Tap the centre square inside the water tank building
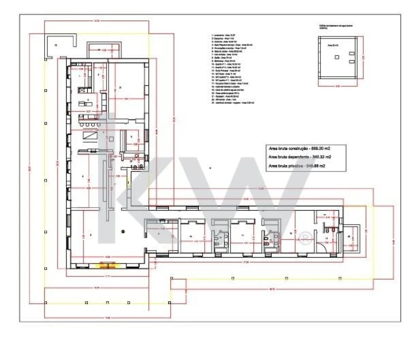tap(336, 57)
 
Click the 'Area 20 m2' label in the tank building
tap(333, 45)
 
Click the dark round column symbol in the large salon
tap(123, 230)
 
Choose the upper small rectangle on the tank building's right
tap(352, 52)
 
